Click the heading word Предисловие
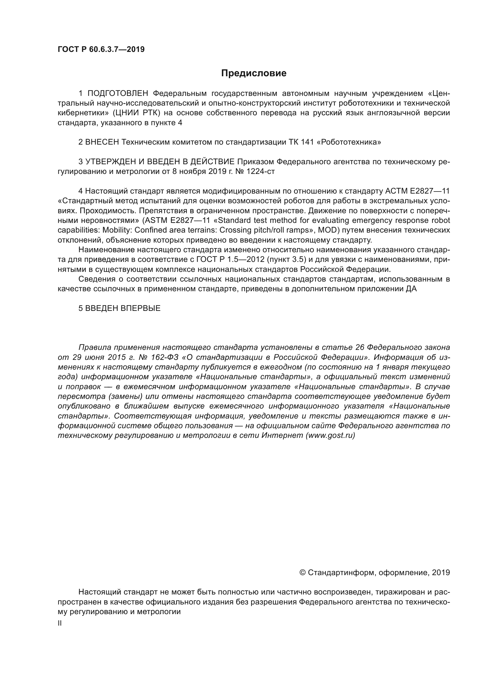point(254,73)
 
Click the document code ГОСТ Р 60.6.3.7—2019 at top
point(101,49)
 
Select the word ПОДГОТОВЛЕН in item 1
point(118,94)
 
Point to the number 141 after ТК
point(308,142)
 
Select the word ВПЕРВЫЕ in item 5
point(140,308)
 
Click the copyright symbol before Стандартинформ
point(302,572)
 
